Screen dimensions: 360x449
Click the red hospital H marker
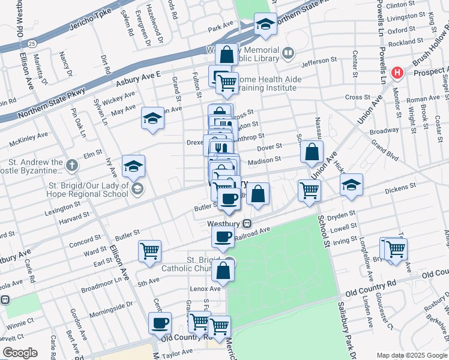pyautogui.click(x=397, y=73)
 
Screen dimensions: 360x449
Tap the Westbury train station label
pyautogui.click(x=223, y=223)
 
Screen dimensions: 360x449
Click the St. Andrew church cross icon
pyautogui.click(x=71, y=164)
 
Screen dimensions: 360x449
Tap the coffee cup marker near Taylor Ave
pyautogui.click(x=160, y=323)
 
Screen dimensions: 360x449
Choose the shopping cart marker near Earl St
pyautogui.click(x=149, y=251)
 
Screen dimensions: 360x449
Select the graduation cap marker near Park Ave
pyautogui.click(x=265, y=25)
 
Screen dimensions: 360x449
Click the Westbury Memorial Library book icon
pyautogui.click(x=288, y=54)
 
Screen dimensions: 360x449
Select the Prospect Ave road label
pyautogui.click(x=429, y=71)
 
